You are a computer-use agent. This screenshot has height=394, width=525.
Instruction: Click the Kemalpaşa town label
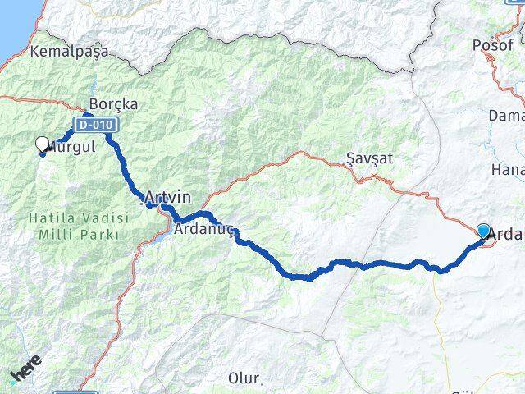point(68,51)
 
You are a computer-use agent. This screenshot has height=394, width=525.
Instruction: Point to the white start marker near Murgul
point(43,144)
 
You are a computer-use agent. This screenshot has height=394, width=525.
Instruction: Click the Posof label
point(492,45)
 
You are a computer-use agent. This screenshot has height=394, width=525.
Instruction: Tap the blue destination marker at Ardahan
point(483,231)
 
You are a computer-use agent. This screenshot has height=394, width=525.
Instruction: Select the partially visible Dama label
point(506,116)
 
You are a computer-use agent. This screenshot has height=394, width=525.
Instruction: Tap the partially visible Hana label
point(508,169)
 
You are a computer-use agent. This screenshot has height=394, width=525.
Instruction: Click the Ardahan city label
point(506,234)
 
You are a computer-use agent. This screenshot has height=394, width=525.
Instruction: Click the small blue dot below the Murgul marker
point(43,154)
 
